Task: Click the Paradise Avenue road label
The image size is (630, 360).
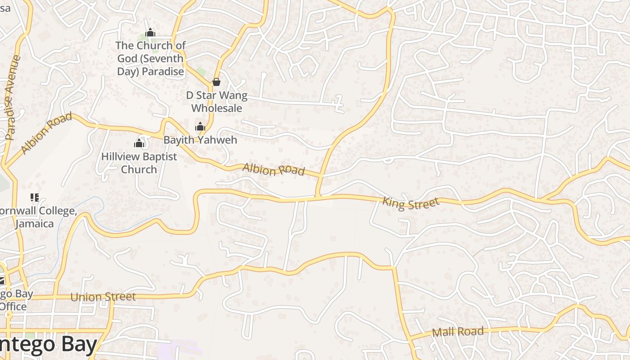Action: point(12,97)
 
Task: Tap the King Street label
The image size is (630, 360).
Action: point(410,203)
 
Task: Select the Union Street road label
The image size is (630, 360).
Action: point(103,297)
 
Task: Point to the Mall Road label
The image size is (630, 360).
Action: point(458,332)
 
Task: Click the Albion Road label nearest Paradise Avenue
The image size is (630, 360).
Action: point(46,133)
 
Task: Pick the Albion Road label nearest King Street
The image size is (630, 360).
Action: point(274,170)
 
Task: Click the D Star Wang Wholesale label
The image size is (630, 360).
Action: point(217,102)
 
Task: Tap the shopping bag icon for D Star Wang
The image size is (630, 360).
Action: point(216,82)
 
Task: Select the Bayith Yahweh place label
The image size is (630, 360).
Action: point(200,140)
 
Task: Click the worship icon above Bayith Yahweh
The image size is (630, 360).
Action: point(200,126)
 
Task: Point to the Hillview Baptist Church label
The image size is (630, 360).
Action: point(139,163)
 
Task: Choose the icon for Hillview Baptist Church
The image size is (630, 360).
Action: point(139,143)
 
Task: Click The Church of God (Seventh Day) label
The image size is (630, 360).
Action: point(151,58)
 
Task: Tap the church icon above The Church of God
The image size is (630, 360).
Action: point(150,32)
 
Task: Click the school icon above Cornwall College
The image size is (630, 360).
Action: point(35,197)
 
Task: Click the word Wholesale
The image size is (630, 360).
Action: point(217,108)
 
